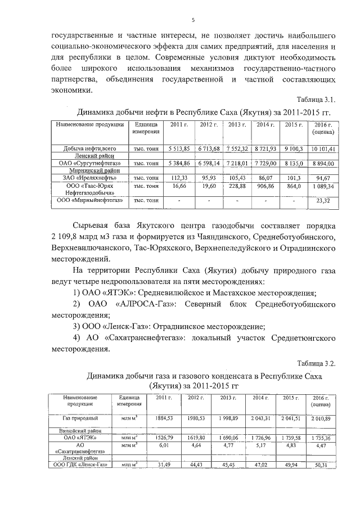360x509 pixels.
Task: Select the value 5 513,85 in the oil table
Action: (x=179, y=148)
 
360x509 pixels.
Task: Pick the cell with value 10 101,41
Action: (x=323, y=148)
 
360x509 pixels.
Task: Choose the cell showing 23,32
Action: (x=324, y=200)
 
